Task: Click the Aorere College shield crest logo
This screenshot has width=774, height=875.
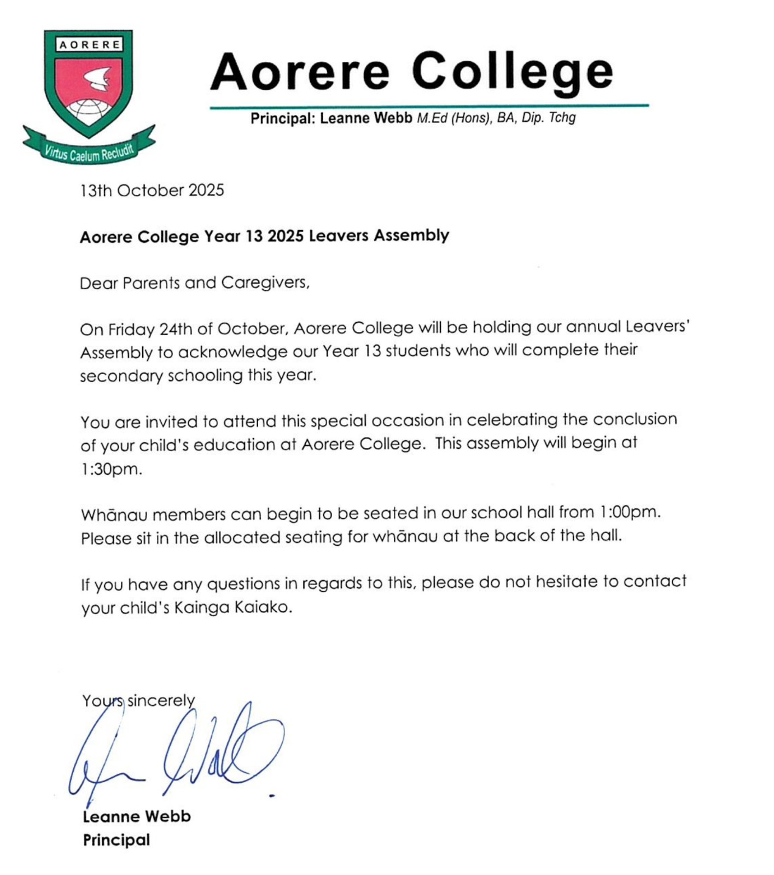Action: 88,82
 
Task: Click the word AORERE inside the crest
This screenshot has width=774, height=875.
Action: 89,45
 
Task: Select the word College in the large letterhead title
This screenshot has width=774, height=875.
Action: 513,71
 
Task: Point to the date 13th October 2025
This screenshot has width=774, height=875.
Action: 152,190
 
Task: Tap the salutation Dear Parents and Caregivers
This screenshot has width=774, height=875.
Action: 194,283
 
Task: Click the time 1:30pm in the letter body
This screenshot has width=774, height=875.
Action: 112,469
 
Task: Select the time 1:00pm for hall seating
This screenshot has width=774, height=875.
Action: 630,512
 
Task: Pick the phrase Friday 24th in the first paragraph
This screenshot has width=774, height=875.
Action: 150,329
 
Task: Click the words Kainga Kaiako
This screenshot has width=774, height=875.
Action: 232,608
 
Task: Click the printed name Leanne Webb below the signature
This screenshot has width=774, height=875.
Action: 137,816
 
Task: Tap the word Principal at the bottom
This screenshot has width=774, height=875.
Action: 117,840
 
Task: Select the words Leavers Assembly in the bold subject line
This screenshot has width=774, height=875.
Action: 379,236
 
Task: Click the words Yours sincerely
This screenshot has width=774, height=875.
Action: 138,701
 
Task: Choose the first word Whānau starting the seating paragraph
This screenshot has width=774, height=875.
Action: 114,515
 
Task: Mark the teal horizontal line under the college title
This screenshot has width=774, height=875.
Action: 429,106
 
